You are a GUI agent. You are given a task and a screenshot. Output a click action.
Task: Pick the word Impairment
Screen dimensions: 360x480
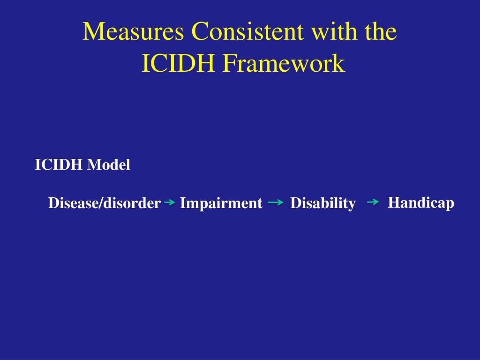pyautogui.click(x=221, y=203)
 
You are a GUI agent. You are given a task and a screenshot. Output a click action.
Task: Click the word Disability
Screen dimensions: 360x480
pyautogui.click(x=322, y=203)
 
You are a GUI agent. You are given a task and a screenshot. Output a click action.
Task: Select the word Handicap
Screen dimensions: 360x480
pyautogui.click(x=421, y=203)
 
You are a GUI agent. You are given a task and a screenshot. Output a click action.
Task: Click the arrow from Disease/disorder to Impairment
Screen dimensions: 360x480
pyautogui.click(x=170, y=203)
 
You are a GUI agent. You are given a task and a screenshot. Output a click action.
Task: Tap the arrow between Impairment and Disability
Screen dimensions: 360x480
pyautogui.click(x=276, y=203)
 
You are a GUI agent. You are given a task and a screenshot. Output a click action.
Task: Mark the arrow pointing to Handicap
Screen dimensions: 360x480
pyautogui.click(x=373, y=202)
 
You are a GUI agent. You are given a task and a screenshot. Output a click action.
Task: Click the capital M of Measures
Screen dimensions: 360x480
pyautogui.click(x=92, y=32)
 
